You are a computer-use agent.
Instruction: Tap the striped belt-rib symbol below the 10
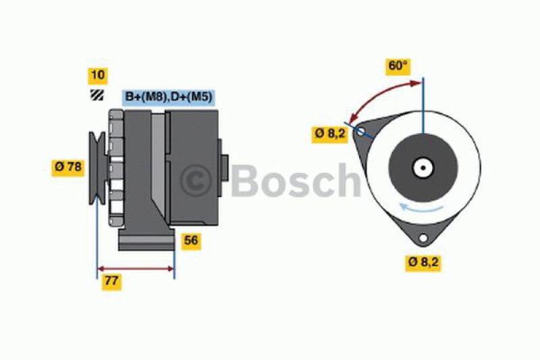[97, 95]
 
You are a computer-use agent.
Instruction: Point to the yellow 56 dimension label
[192, 240]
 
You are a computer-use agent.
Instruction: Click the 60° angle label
[398, 66]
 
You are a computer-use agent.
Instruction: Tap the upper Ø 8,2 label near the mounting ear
[329, 133]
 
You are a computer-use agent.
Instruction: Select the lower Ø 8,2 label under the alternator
[423, 263]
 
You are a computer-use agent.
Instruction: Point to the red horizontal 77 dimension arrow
[136, 269]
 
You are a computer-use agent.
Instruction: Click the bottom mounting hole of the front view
[423, 238]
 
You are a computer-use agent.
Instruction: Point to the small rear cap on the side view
[224, 166]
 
